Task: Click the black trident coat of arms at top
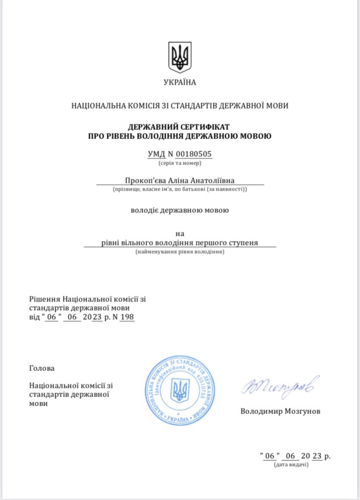click(x=180, y=57)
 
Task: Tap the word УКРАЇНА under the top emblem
click(x=180, y=83)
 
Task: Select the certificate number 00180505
click(x=194, y=154)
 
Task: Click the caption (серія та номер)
click(x=180, y=163)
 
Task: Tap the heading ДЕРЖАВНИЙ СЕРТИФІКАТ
click(x=180, y=126)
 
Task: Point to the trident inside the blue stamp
click(x=180, y=390)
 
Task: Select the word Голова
click(x=42, y=368)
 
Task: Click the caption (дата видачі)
click(x=291, y=465)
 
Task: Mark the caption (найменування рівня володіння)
click(x=180, y=252)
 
